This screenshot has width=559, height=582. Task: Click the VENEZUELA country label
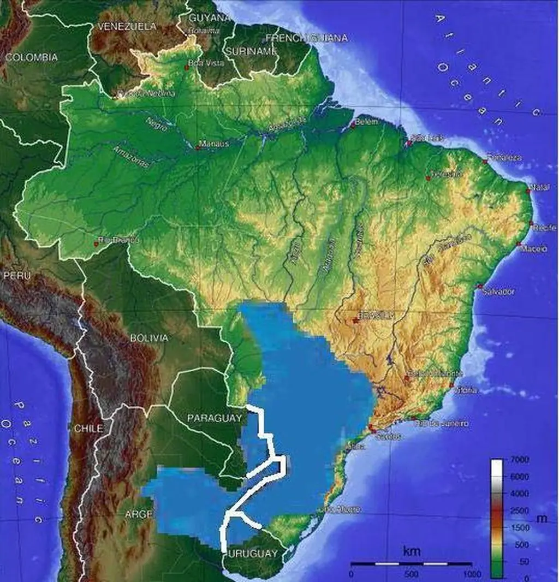click(127, 26)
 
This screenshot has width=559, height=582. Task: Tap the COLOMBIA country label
click(32, 57)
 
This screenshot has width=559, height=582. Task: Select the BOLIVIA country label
click(148, 338)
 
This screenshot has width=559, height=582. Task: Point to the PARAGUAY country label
click(214, 418)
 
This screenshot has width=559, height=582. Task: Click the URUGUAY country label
click(253, 554)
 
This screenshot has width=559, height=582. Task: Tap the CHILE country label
click(88, 429)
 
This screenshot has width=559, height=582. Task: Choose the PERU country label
click(17, 276)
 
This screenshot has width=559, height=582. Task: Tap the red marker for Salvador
click(479, 286)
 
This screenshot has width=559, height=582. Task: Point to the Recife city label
click(545, 227)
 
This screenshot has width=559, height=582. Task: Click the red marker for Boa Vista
click(188, 68)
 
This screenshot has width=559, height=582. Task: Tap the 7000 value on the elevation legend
click(519, 460)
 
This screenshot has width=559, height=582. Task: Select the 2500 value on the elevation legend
click(519, 510)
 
